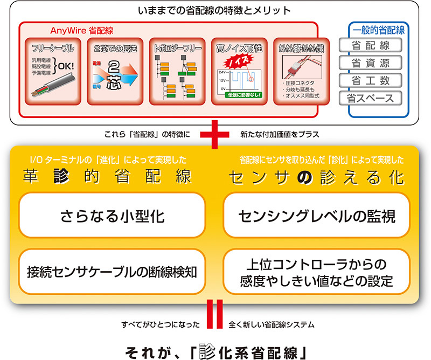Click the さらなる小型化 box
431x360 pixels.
pos(112,216)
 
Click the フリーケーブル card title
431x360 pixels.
pos(53,48)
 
